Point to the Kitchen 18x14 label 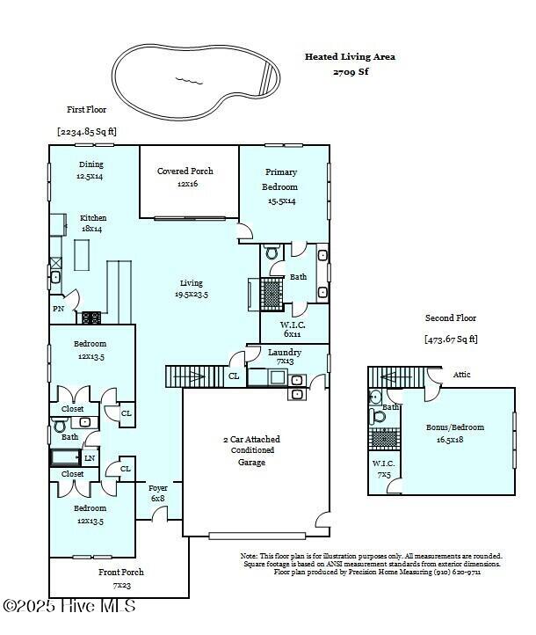[93, 223]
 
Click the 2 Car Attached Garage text [251, 449]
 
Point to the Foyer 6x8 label [157, 493]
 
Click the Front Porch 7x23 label [120, 577]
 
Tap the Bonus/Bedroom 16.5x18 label [454, 433]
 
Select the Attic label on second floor [461, 375]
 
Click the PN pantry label [58, 309]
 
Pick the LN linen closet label [89, 457]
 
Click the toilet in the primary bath [272, 253]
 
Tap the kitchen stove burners [91, 317]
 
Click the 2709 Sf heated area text [350, 71]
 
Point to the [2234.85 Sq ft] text [87, 131]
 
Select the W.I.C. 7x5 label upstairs [384, 469]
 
